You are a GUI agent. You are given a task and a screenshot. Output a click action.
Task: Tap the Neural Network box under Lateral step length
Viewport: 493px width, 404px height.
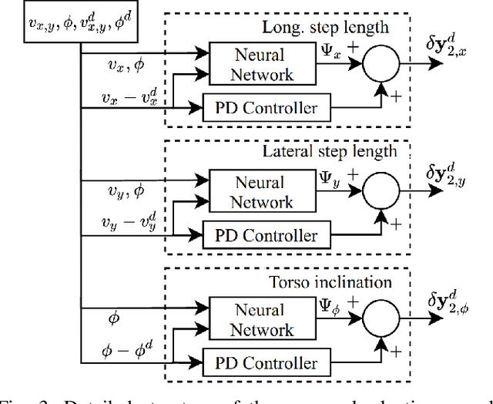tap(253, 192)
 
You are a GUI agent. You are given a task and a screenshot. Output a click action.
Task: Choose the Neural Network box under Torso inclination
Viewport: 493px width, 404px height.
tap(253, 320)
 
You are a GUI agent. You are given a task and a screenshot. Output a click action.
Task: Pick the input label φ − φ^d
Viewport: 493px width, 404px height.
tap(127, 351)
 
